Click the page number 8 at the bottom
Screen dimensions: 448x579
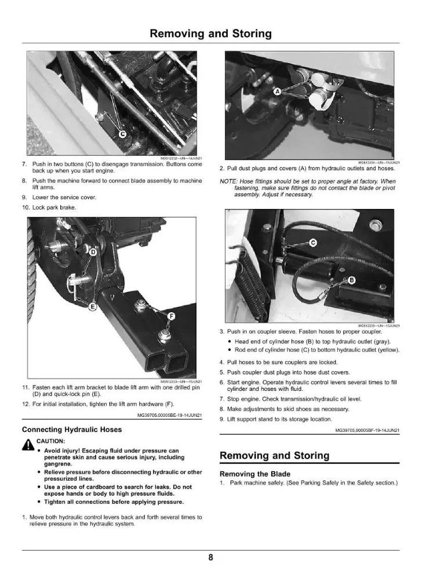point(210,557)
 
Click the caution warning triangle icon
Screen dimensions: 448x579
point(28,445)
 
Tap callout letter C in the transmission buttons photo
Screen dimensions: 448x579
point(123,134)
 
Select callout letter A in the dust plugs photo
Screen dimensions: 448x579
point(278,91)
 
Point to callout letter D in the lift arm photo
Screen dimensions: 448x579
point(93,252)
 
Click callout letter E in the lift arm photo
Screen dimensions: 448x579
point(93,306)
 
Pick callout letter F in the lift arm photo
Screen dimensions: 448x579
point(171,316)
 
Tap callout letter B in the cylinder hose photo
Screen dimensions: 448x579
point(352,280)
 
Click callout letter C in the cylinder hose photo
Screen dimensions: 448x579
point(313,243)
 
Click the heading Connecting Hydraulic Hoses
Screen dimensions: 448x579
point(72,430)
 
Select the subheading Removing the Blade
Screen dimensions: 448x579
point(254,474)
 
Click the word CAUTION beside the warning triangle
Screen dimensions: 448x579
point(50,441)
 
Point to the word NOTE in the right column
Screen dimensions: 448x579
point(228,181)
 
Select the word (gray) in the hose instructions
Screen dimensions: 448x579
point(382,342)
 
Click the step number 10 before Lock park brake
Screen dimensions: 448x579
point(26,207)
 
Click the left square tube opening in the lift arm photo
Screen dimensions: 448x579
point(156,362)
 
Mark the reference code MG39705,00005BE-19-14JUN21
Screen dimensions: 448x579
point(170,415)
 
